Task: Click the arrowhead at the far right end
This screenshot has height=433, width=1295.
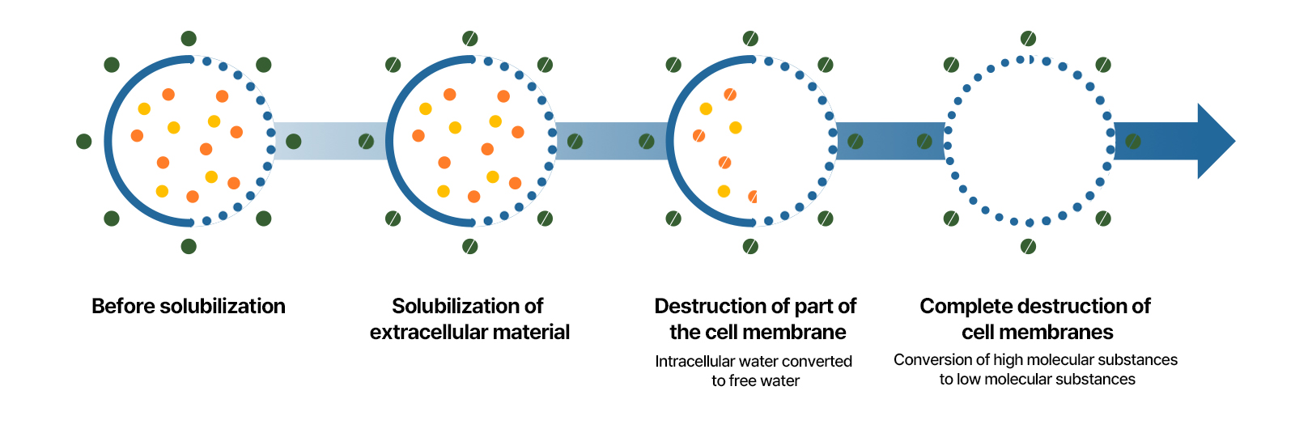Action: click(x=1215, y=141)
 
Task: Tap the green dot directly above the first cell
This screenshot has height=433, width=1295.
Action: click(x=189, y=38)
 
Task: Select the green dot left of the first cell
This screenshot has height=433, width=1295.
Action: click(x=84, y=142)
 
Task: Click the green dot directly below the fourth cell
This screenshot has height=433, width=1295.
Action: click(x=1028, y=246)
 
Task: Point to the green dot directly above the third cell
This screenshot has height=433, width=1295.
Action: click(x=750, y=38)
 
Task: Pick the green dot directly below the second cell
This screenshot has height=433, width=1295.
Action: click(x=470, y=246)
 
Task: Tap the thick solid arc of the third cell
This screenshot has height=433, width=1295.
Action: click(x=670, y=142)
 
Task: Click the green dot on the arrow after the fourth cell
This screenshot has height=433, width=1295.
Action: click(x=1133, y=142)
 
